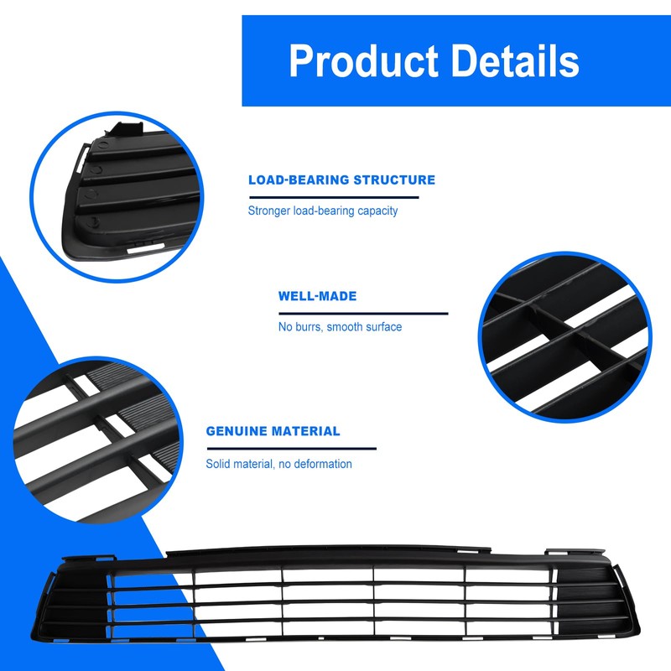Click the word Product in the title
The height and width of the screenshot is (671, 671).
click(x=362, y=61)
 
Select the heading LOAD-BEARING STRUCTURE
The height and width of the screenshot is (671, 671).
click(x=341, y=179)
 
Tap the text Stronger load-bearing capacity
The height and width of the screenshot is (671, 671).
click(x=323, y=211)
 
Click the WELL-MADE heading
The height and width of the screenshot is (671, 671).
click(x=317, y=296)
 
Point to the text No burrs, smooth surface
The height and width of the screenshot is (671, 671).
click(x=340, y=326)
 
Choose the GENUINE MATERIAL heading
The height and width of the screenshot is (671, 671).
click(x=273, y=431)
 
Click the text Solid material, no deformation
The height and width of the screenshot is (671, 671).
click(x=279, y=464)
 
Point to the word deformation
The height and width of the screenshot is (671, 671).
click(x=321, y=464)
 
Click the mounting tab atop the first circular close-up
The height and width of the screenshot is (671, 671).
click(x=124, y=130)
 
